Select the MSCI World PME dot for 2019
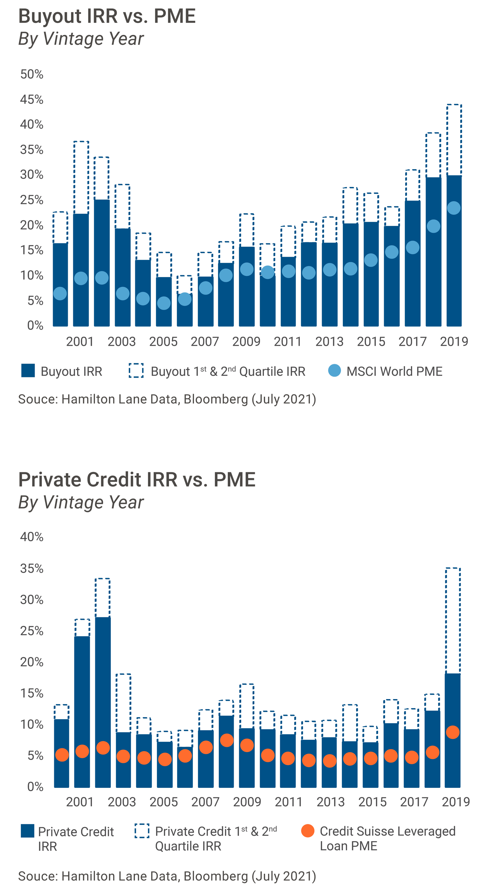click(453, 208)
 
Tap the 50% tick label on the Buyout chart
click(32, 74)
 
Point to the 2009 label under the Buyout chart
click(246, 342)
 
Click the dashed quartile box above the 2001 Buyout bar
click(81, 177)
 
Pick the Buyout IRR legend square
click(28, 371)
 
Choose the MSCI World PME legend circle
click(334, 371)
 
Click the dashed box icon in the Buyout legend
click(136, 371)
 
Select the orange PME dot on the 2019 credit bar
click(452, 732)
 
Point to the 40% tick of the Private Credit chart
click(32, 537)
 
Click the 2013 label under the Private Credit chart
click(330, 802)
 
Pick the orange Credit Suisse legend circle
click(308, 831)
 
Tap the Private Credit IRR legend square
click(27, 831)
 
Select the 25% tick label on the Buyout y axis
click(32, 200)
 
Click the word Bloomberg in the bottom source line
click(215, 876)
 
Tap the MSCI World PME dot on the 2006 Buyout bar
click(185, 299)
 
